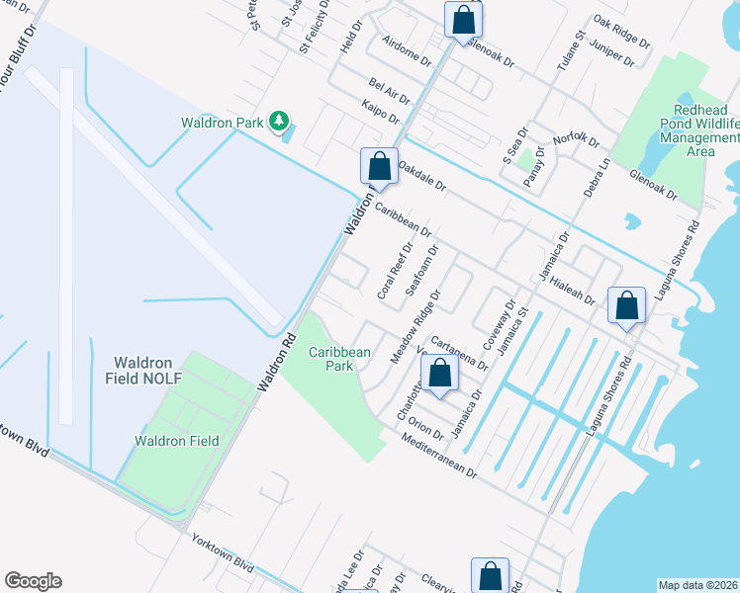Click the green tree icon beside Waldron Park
coord(280,122)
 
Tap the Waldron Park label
coord(222,123)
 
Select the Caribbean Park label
coord(339,359)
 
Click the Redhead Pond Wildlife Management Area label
coord(694,129)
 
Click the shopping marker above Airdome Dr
coord(462,20)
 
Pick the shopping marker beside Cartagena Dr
coord(440,375)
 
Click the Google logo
coord(33,581)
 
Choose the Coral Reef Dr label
coord(394,271)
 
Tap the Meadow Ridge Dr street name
coord(415,327)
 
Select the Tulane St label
coord(565,49)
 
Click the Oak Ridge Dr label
coord(621,31)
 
